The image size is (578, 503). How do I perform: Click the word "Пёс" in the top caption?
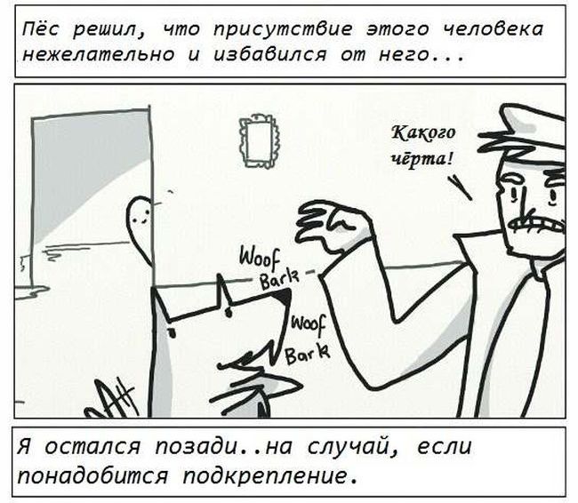pos(40,28)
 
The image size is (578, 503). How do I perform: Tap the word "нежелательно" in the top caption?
pos(98,55)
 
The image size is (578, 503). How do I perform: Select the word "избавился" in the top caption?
pos(269,55)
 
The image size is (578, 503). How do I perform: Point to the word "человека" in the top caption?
pos(493,29)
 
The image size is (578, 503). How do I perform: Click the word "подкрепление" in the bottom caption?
pos(269,476)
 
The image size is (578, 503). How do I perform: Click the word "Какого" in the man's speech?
pos(423,133)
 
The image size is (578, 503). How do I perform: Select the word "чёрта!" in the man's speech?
pos(422,158)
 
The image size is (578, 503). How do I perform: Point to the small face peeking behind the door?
pos(140,213)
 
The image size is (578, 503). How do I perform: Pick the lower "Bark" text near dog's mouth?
pos(308,354)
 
